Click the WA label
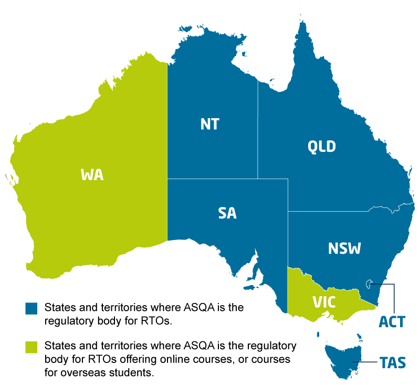[92, 175]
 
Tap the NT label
[209, 124]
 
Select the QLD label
[321, 147]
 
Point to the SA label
[227, 213]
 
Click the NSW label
[344, 248]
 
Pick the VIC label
[324, 303]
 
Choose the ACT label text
[392, 321]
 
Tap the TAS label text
[393, 363]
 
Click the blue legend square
[31, 308]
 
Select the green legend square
[31, 347]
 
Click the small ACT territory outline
[370, 284]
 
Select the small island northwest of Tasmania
[318, 335]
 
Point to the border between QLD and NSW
[325, 212]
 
